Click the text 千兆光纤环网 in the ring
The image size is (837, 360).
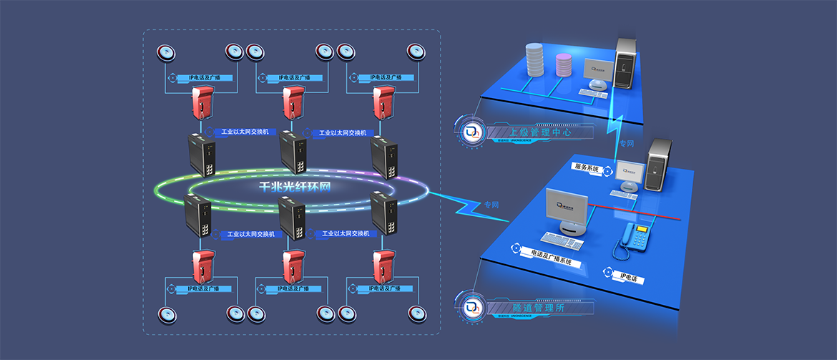[x=291, y=186]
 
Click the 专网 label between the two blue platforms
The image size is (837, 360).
[x=627, y=144]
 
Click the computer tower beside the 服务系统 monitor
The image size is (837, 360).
[x=657, y=165]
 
